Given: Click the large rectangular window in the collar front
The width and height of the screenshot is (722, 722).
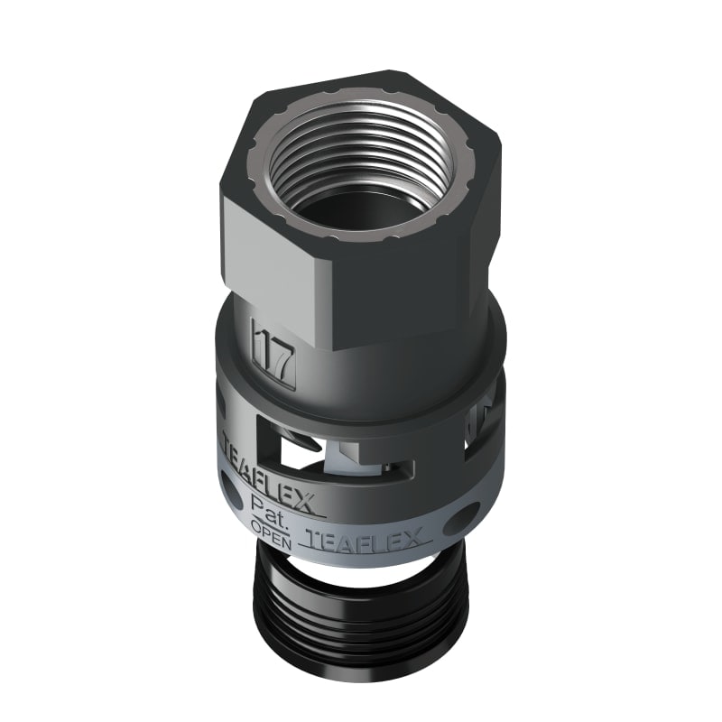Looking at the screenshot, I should [x=347, y=442].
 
